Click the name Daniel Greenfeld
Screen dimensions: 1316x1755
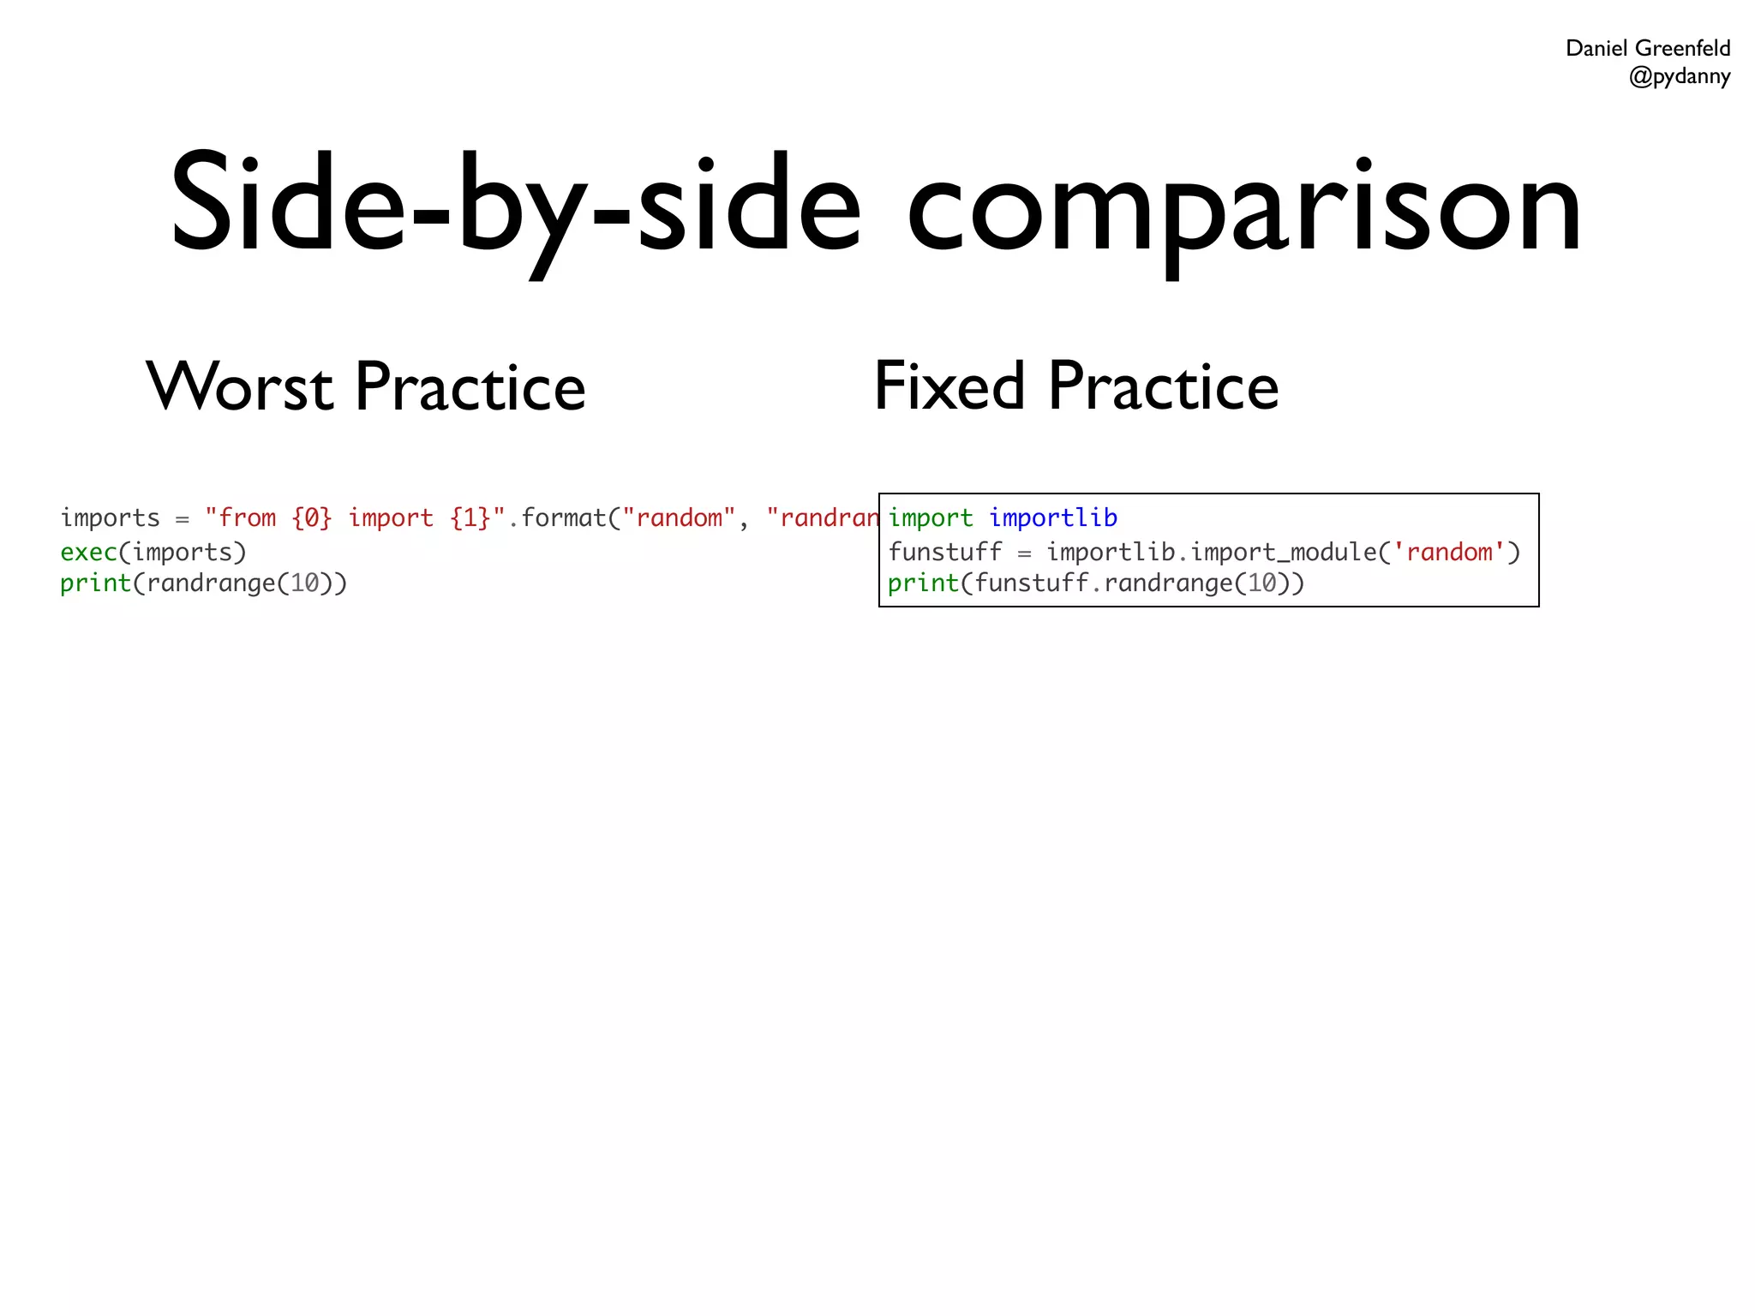point(1647,48)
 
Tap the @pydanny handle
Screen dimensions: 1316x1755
point(1679,76)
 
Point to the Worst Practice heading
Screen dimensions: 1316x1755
point(366,386)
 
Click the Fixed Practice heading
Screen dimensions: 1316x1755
point(1075,386)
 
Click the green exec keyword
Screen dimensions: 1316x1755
point(88,552)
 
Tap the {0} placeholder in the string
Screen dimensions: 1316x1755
point(311,517)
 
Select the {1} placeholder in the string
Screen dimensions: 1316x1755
point(470,517)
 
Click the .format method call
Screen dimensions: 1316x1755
point(557,517)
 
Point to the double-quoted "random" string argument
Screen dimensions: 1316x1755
point(679,517)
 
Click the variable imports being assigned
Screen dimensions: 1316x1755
point(110,517)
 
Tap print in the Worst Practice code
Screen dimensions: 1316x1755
point(95,583)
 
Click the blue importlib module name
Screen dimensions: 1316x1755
point(1053,517)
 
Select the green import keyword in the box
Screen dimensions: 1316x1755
point(931,517)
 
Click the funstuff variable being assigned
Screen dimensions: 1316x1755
point(945,552)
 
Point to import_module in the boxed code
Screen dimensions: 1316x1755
point(1283,552)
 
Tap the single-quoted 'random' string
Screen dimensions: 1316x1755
point(1449,552)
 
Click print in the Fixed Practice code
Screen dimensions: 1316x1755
point(923,583)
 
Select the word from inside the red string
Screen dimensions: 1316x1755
point(247,517)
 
